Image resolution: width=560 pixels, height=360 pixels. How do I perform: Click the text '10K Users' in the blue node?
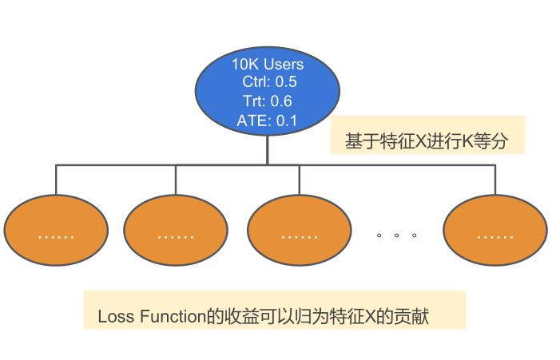click(x=268, y=64)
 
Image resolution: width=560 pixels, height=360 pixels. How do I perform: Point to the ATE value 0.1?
click(x=286, y=121)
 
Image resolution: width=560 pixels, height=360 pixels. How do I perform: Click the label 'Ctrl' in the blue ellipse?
click(x=256, y=82)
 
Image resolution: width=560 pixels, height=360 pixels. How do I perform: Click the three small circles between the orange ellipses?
click(x=397, y=235)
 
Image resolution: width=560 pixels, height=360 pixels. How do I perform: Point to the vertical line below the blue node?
click(x=268, y=149)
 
